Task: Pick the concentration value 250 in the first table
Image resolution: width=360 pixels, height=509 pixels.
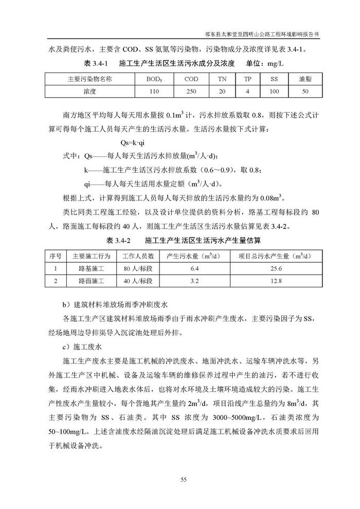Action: click(191, 91)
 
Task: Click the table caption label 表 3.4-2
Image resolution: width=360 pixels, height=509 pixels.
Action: click(120, 240)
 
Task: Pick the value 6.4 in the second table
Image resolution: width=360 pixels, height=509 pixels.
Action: click(194, 268)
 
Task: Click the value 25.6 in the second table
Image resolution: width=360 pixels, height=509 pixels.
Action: click(277, 268)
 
